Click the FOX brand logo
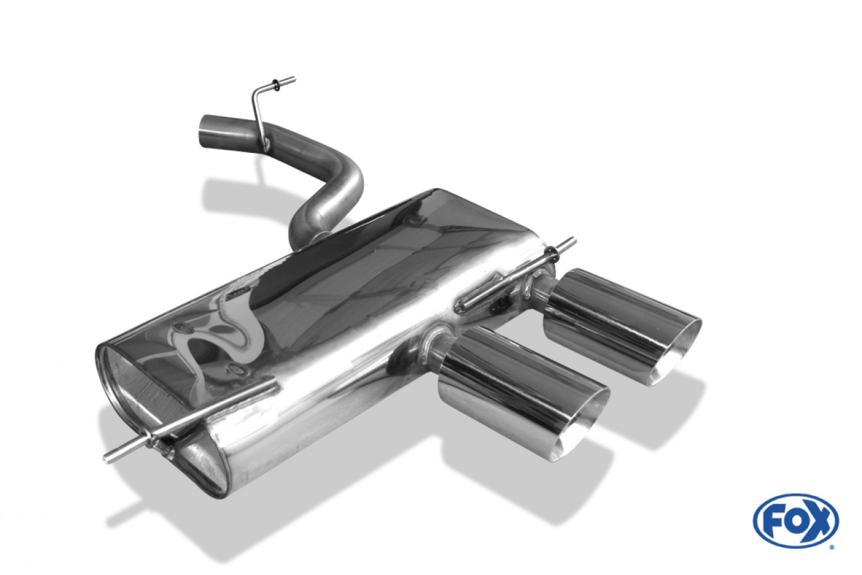pos(796,521)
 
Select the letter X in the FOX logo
pos(817,521)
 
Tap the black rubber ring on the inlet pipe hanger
pos(276,86)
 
